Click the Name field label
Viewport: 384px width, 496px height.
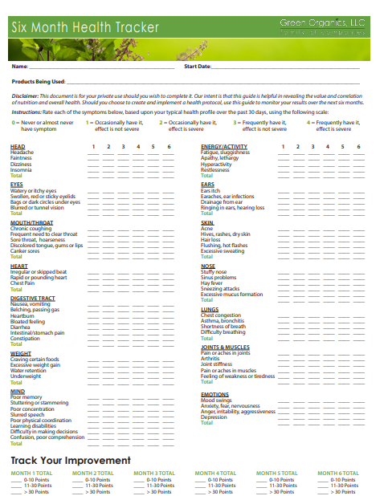click(x=20, y=66)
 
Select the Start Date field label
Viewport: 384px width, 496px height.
click(x=197, y=66)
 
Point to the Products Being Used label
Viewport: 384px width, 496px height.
click(x=38, y=81)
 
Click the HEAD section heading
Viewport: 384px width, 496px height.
click(x=18, y=147)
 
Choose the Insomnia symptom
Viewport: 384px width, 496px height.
click(x=22, y=169)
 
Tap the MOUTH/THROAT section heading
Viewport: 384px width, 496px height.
click(x=32, y=222)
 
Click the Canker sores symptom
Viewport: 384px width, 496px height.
click(x=25, y=250)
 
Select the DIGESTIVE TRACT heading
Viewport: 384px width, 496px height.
click(x=33, y=298)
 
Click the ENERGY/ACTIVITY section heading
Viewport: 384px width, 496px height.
click(x=223, y=147)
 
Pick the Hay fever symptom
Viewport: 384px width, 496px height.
click(x=211, y=283)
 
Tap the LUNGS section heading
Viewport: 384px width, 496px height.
click(x=210, y=309)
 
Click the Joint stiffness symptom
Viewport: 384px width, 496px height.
click(x=217, y=364)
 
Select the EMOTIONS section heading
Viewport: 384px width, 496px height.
click(x=214, y=394)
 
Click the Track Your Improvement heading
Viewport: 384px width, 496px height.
click(x=71, y=460)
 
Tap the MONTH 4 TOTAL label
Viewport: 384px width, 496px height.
click(x=215, y=474)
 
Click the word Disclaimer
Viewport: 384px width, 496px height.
click(x=25, y=96)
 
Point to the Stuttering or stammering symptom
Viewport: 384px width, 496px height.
click(x=39, y=403)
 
